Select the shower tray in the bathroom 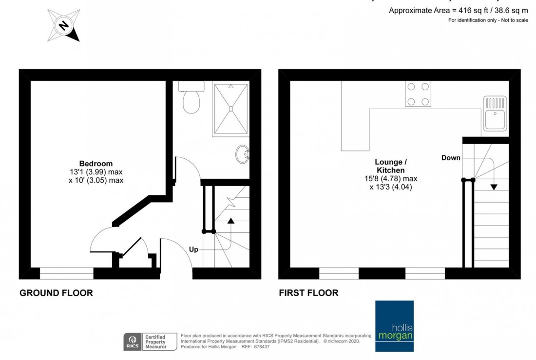pyautogui.click(x=231, y=108)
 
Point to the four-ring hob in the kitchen pyautogui.click(x=419, y=94)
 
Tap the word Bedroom pyautogui.click(x=96, y=164)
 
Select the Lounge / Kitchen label pyautogui.click(x=390, y=166)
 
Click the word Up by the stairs pyautogui.click(x=193, y=249)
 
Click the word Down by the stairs pyautogui.click(x=451, y=158)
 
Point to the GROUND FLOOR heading pyautogui.click(x=56, y=293)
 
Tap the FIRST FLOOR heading pyautogui.click(x=308, y=293)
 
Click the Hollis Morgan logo pyautogui.click(x=394, y=326)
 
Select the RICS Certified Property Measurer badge pyautogui.click(x=146, y=341)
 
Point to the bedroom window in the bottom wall pyautogui.click(x=66, y=276)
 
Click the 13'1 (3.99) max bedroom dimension pyautogui.click(x=96, y=172)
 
